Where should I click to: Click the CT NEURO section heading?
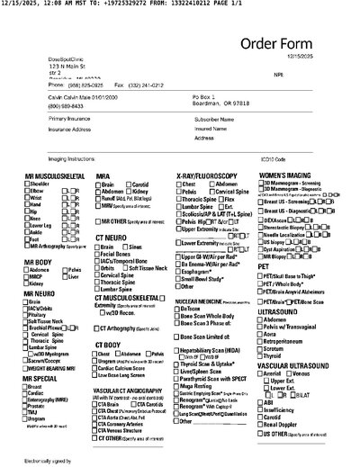[x=114, y=238]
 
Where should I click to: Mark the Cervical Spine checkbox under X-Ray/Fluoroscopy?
[x=213, y=191]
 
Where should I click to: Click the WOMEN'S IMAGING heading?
[x=284, y=175]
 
